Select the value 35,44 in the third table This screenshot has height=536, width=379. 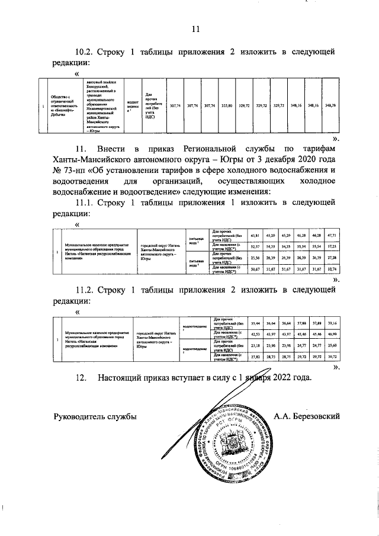(x=255, y=324)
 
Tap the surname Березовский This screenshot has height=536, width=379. (x=317, y=416)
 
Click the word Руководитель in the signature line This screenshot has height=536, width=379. (x=80, y=416)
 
